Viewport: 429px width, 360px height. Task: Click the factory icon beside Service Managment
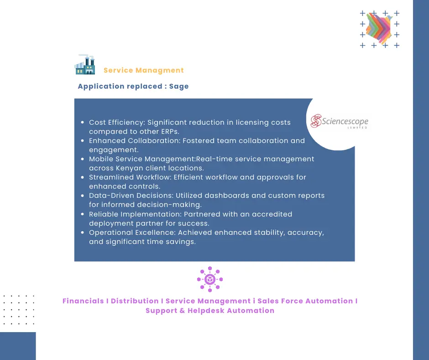[x=84, y=64]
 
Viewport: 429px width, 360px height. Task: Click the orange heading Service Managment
[x=143, y=70]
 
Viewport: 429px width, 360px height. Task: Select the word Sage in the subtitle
[x=179, y=86]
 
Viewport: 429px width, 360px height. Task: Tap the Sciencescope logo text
[x=345, y=122]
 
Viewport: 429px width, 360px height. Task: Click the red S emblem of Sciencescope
[x=315, y=121]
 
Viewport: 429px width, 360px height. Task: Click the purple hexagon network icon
[x=210, y=279]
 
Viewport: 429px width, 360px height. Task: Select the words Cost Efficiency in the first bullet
[x=116, y=122]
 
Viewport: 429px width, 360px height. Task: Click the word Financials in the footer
[x=83, y=301]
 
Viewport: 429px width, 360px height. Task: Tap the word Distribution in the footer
[x=135, y=301]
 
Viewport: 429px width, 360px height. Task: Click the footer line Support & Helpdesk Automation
[x=210, y=311]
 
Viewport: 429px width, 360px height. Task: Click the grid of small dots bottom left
[x=19, y=309]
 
